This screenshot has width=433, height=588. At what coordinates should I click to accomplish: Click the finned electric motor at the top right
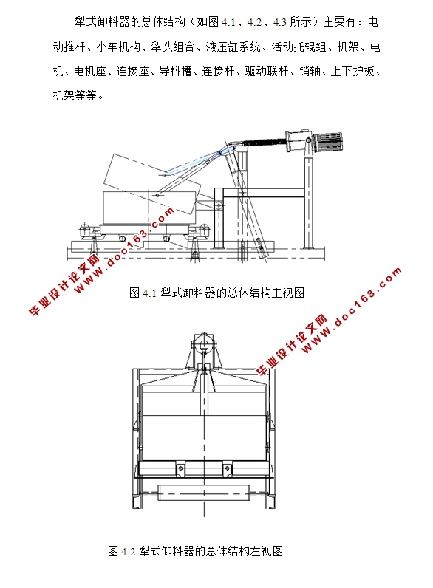pos(329,141)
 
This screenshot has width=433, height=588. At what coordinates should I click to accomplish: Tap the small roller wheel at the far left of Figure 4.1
pos(86,229)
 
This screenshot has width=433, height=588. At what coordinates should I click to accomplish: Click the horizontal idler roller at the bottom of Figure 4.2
pos(203,491)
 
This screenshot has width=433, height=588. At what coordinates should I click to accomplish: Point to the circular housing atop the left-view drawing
pos(204,344)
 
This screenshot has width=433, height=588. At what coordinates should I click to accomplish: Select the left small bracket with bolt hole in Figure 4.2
pos(180,469)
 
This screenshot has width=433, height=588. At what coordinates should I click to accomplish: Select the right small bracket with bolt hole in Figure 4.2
pos(227,469)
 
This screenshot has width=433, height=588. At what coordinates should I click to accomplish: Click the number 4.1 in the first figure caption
pos(149,293)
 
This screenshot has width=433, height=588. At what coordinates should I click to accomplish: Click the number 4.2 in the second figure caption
pos(128,552)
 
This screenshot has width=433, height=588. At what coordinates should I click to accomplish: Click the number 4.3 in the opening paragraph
pos(280,22)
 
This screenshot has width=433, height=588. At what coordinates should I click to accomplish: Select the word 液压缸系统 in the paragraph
pos(233,47)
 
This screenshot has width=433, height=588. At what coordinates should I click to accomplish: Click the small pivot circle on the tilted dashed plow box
pos(163,175)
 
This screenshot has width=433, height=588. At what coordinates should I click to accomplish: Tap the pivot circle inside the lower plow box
pos(157,195)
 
